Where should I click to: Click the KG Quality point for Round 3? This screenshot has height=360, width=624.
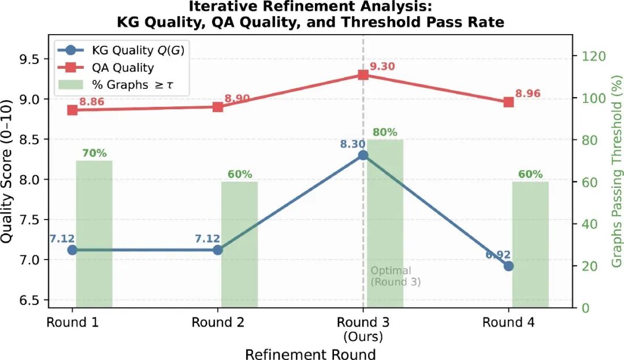coord(363,155)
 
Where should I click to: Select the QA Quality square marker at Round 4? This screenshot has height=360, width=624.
coord(508,102)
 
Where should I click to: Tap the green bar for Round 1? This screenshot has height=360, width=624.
coord(94,234)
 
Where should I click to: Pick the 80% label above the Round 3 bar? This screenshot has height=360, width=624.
coord(385,132)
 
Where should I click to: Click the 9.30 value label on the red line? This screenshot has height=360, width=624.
coord(382,66)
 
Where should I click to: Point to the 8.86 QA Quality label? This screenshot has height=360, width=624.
coord(91,102)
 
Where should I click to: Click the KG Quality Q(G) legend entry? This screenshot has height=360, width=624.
coord(121,50)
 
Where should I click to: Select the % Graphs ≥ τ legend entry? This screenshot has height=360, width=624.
coord(116,85)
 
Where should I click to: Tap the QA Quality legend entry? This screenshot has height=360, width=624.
coord(106,68)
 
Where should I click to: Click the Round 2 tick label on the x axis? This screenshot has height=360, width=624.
coord(218,322)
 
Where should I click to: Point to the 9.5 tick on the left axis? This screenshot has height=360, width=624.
coord(30,60)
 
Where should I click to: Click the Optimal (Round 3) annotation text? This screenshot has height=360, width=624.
coord(395,276)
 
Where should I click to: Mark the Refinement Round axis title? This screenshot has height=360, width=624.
coord(310,354)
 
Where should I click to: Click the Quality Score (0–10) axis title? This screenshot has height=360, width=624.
coord(7,172)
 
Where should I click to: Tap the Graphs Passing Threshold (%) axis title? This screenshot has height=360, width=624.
coord(616,170)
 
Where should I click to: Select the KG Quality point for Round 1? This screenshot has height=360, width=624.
coord(72,250)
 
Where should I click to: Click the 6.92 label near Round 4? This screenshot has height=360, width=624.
coord(498,255)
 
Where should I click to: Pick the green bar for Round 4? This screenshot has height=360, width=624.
coord(530,244)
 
